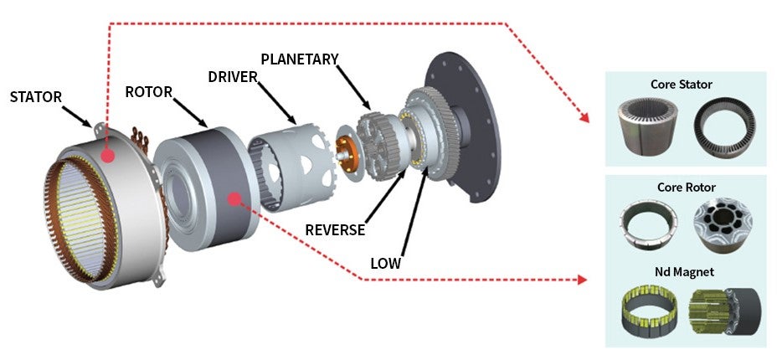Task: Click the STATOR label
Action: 36,97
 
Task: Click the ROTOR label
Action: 149,91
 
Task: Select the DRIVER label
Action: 232,77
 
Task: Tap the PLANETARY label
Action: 299,59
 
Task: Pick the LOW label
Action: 386,263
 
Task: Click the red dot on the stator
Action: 107,156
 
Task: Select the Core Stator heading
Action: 682,85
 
